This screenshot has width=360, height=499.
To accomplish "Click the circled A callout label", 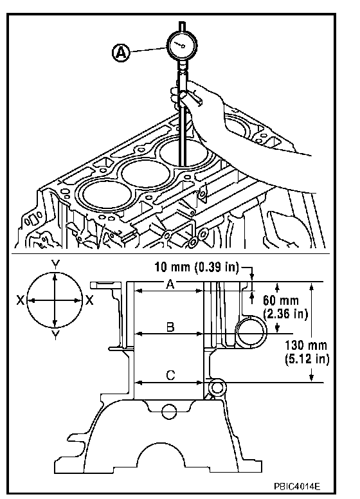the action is click(x=121, y=53).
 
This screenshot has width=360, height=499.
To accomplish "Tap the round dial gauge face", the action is click(x=182, y=45).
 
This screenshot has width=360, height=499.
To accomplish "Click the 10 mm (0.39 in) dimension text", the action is click(x=197, y=267).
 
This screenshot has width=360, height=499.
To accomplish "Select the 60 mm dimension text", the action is click(x=281, y=300).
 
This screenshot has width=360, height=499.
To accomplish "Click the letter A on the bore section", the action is click(x=171, y=284).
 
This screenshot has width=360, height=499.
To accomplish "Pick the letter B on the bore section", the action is click(x=170, y=327).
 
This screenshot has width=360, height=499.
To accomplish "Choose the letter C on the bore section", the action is click(x=171, y=376).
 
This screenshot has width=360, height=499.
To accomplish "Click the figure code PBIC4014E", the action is click(x=297, y=477).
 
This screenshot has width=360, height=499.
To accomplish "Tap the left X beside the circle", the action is click(x=21, y=300).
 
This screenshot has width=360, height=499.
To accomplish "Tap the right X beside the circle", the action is click(x=90, y=300).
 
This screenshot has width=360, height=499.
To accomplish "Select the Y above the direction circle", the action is click(x=55, y=264).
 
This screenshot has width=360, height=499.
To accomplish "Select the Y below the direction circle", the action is click(x=55, y=335).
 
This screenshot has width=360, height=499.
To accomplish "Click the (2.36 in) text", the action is click(x=286, y=314).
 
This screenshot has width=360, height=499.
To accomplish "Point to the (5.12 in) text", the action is click(x=307, y=359).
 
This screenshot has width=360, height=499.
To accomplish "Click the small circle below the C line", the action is click(x=218, y=388).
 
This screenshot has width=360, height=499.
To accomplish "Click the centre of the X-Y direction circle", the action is click(x=55, y=300).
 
